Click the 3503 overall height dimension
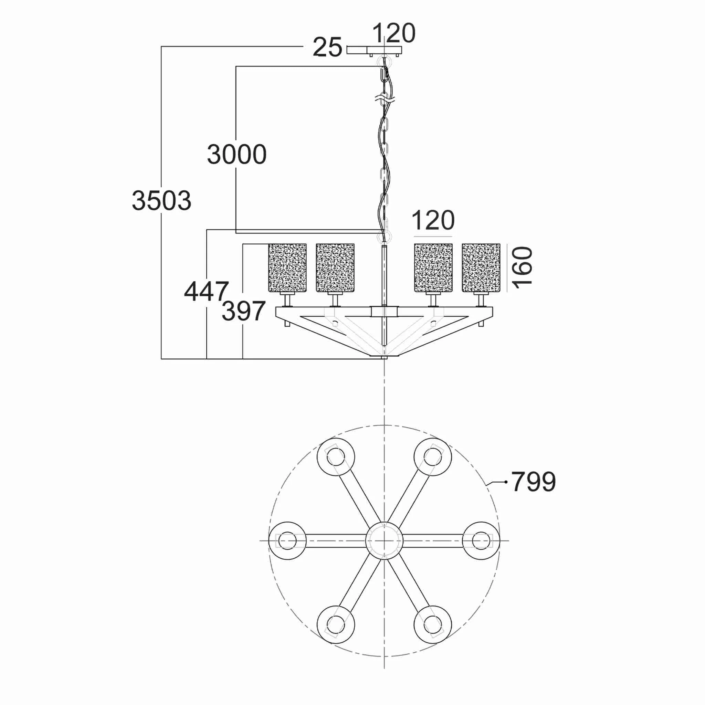(x=161, y=200)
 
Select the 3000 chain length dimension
(x=237, y=154)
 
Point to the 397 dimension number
(x=243, y=311)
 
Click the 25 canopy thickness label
(x=327, y=47)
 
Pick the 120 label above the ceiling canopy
(x=394, y=33)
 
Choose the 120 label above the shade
(x=433, y=220)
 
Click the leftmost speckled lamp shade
(x=287, y=268)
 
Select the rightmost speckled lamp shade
(x=481, y=268)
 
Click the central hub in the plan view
(x=384, y=540)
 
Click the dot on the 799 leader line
(x=506, y=482)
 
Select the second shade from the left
(x=335, y=268)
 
